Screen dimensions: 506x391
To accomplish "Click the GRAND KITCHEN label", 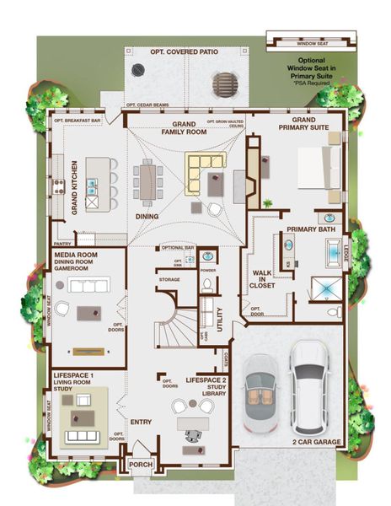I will pos(74,186).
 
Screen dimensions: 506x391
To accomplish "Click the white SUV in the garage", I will pos(310,384).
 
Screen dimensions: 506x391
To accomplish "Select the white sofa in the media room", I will pos(89,285).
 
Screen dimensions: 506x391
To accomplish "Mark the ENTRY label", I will pos(141,421).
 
